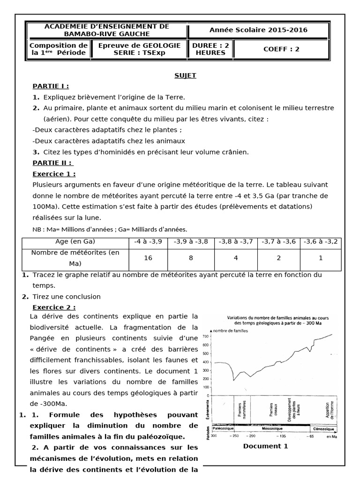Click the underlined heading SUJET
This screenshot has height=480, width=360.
185,75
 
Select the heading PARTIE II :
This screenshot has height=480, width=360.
52,163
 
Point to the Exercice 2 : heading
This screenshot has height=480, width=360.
54,307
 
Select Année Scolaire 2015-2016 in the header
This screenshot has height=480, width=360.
258,30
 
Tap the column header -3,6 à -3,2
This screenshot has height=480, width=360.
321,242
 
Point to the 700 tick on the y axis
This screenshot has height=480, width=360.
206,337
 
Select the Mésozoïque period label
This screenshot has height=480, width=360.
272,428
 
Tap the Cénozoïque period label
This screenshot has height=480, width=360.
323,428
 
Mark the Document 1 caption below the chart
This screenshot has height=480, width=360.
265,446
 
